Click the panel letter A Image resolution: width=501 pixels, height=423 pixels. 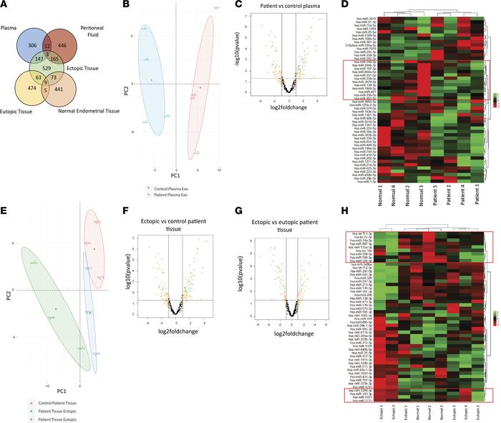[5, 6]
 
